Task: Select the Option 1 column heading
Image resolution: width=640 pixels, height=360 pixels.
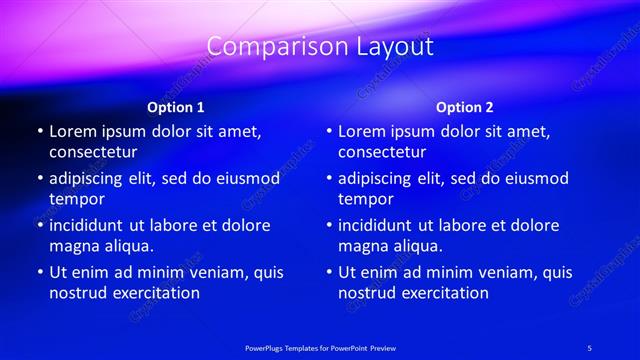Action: tap(176, 107)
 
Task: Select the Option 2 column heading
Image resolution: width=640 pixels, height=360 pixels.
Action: tap(465, 107)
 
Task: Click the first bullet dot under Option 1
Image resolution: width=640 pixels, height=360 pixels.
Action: tap(39, 132)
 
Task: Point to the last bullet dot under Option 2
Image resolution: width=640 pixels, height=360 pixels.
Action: tap(328, 272)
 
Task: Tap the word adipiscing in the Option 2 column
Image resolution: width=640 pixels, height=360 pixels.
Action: tap(379, 179)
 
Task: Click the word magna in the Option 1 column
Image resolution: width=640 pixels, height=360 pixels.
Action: tap(76, 246)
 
